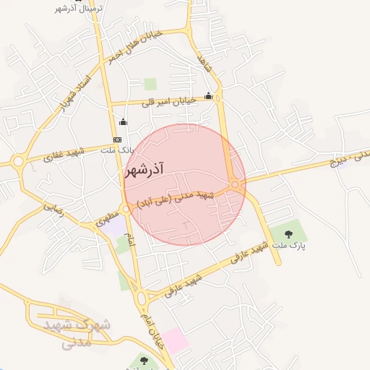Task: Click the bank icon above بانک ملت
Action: [x=118, y=139]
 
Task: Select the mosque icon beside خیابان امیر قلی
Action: [x=209, y=95]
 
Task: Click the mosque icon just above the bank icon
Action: [x=123, y=121]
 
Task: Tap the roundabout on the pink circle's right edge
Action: [x=236, y=186]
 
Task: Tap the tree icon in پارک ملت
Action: [x=288, y=233]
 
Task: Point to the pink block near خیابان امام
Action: [x=175, y=340]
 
